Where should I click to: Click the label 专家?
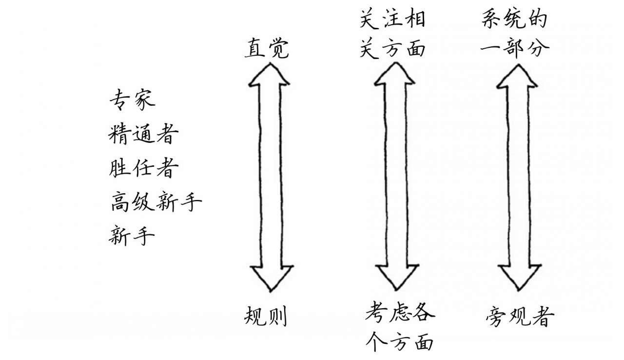[132, 99]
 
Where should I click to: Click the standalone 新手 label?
[132, 236]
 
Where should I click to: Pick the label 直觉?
[267, 49]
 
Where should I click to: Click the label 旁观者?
[520, 318]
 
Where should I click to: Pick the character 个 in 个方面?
[376, 341]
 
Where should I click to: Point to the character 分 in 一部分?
[538, 48]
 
